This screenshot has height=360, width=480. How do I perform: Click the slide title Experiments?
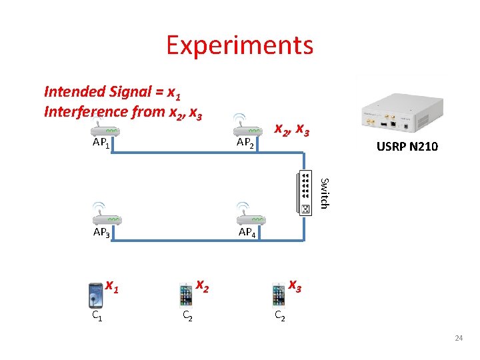(239, 45)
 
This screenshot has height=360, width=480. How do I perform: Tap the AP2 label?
(246, 143)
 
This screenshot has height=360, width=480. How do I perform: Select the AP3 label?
(102, 232)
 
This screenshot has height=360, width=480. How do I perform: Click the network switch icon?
(304, 193)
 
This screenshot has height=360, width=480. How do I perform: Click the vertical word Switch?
(323, 191)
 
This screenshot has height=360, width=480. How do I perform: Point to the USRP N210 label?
(407, 147)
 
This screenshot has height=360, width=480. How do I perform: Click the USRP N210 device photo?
(401, 108)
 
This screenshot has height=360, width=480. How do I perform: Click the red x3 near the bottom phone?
(295, 285)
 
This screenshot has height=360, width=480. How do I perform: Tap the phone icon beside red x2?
(187, 295)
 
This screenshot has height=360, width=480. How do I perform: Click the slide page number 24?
(458, 339)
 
